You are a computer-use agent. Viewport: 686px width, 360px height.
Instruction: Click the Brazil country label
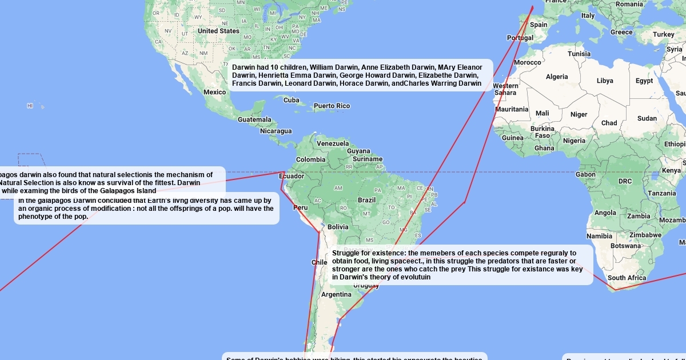point(366,200)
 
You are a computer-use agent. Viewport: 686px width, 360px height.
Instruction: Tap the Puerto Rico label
point(332,106)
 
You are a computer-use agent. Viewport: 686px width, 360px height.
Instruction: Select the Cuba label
point(292,100)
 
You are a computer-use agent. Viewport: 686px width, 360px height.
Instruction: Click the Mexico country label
point(214,92)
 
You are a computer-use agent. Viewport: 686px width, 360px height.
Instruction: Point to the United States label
point(218,31)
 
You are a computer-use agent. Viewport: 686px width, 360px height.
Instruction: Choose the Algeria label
point(557,77)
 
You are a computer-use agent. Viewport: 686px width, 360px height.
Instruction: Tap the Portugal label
point(520,38)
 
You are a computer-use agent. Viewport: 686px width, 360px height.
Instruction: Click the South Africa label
point(627,278)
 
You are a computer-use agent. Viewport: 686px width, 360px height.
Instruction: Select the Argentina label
point(336,295)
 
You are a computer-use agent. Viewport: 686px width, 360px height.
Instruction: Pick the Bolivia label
point(338,227)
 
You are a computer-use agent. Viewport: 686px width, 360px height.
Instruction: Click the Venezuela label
point(333,143)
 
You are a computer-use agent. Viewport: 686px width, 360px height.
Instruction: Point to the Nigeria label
point(574,141)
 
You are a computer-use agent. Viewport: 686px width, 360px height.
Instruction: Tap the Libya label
point(605,81)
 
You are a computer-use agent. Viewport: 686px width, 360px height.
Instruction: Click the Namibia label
point(599,236)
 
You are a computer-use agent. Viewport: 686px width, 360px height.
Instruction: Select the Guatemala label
point(254,119)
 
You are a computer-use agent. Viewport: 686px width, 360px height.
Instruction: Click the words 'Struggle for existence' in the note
point(368,253)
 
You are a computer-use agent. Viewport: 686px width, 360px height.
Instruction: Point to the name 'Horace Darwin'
point(364,83)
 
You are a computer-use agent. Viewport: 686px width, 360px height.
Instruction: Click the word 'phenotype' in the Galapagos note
point(35,217)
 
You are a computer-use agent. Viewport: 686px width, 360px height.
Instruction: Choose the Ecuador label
point(292,176)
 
